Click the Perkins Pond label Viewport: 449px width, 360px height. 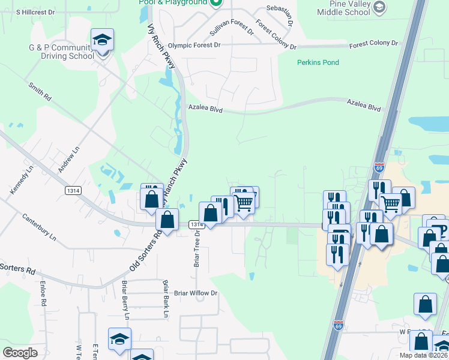(318, 62)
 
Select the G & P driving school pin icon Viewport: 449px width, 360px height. (102, 41)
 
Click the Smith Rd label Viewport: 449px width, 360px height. (40, 91)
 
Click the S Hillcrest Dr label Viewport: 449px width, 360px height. (35, 11)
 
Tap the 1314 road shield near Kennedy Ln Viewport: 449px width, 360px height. (73, 190)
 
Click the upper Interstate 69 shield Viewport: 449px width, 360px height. (379, 166)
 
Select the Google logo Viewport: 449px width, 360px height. (20, 353)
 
